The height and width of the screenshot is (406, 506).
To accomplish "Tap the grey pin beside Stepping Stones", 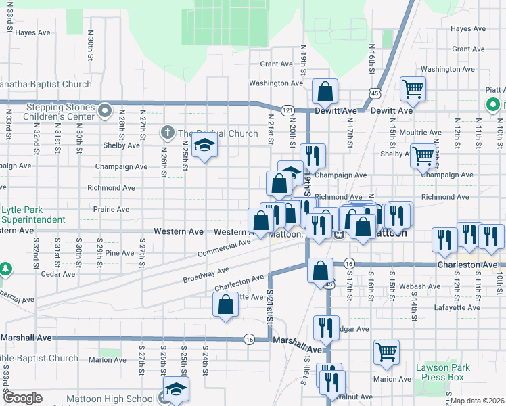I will [x=103, y=110].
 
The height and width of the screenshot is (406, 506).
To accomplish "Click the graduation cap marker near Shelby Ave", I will [x=204, y=145].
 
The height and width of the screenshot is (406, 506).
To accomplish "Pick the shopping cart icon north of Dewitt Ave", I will [x=413, y=88].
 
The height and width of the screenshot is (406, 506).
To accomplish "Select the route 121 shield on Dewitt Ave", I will [x=287, y=110].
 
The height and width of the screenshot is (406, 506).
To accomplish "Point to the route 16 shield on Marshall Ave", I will [x=250, y=340].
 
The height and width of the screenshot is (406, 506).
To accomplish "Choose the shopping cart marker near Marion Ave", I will [x=386, y=351].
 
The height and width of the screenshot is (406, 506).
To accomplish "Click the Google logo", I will [x=23, y=398].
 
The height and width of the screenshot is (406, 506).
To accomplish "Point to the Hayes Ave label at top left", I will [x=32, y=32].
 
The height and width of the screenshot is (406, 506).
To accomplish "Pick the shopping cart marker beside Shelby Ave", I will [x=423, y=155].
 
